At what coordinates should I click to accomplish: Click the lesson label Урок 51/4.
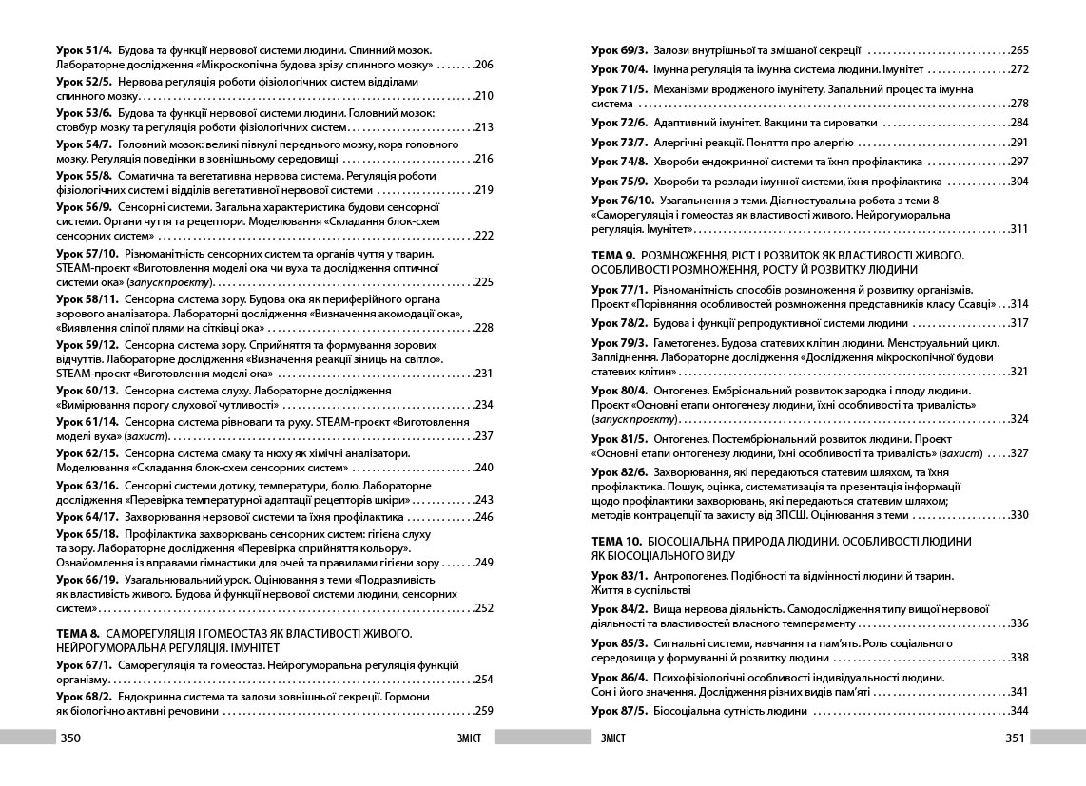tap(85, 49)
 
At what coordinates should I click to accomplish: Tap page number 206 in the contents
tap(483, 65)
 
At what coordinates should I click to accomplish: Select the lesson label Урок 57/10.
tap(87, 254)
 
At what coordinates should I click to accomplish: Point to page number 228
tap(483, 328)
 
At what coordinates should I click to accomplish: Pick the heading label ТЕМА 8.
tap(78, 633)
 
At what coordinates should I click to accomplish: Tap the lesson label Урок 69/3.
tap(619, 49)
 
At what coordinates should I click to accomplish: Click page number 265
tap(1019, 49)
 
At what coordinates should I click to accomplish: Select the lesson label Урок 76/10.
tap(623, 200)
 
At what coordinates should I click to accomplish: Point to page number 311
tap(1019, 229)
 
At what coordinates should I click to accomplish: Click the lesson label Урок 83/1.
tap(619, 576)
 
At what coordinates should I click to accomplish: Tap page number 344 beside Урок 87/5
tap(1019, 711)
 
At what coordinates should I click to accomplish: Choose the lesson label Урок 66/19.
tap(87, 579)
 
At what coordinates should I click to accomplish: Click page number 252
tap(483, 608)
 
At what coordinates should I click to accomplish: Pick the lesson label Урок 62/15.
tap(87, 453)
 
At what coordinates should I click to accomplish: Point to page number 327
tap(1019, 453)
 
